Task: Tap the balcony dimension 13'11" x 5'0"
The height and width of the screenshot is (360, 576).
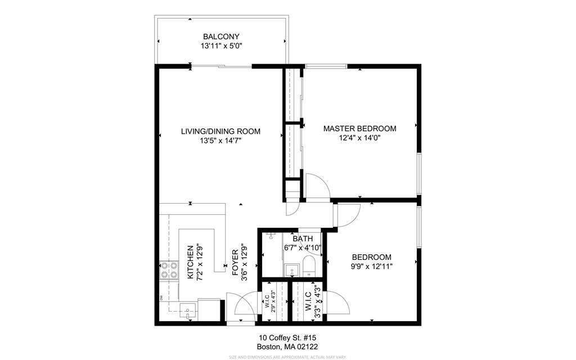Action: pyautogui.click(x=220, y=46)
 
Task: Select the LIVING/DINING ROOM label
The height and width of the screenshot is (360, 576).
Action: pyautogui.click(x=220, y=132)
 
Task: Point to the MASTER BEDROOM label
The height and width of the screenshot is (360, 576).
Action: pyautogui.click(x=359, y=128)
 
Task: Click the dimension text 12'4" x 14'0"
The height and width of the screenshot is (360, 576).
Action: pyautogui.click(x=359, y=138)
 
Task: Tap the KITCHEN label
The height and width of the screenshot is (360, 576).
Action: pyautogui.click(x=190, y=262)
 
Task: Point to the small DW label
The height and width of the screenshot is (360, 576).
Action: pyautogui.click(x=161, y=298)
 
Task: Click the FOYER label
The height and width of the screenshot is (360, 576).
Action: pyautogui.click(x=236, y=263)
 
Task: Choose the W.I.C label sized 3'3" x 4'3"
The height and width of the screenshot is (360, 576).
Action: pyautogui.click(x=308, y=303)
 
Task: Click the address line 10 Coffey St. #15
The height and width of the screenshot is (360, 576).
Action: pyautogui.click(x=287, y=337)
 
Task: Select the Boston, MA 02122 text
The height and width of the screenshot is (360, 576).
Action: pyautogui.click(x=287, y=346)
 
